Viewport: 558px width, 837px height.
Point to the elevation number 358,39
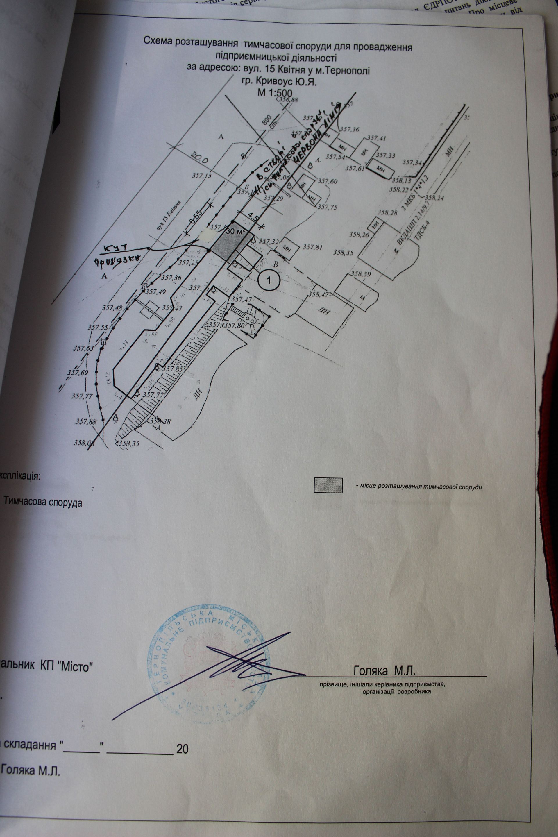click(350, 274)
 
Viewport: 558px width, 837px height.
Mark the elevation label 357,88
click(86, 422)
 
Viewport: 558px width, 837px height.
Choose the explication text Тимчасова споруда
click(43, 503)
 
